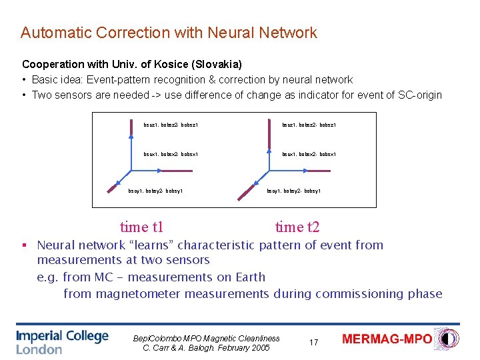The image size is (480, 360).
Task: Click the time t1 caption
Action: [141, 227]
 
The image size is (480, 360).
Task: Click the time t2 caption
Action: [297, 227]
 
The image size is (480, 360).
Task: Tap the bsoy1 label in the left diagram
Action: [135, 191]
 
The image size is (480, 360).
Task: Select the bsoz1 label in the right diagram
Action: [289, 125]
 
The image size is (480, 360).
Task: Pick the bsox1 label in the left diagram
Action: [151, 155]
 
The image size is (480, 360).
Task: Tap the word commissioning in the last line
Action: [354, 294]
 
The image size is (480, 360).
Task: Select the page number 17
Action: [313, 342]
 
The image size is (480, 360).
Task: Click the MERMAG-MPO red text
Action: [387, 339]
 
